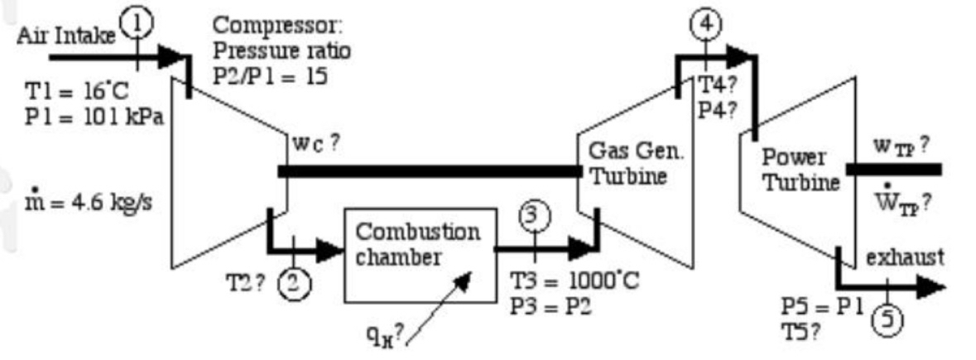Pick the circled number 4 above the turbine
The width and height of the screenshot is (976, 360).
704,24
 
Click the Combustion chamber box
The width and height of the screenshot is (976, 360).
417,254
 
